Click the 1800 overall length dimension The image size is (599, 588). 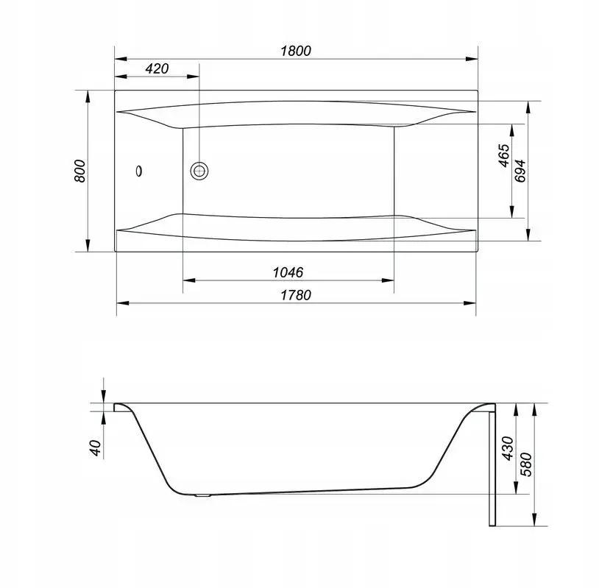point(296,51)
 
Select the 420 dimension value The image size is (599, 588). point(157,68)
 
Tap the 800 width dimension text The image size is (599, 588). point(79,171)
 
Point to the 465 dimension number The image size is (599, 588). point(503,155)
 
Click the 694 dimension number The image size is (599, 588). point(520,171)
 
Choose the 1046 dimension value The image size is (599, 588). point(288,272)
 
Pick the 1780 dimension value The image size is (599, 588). point(296,295)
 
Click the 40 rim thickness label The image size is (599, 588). point(96,447)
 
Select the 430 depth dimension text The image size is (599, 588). point(508,448)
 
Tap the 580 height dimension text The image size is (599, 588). point(526,464)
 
